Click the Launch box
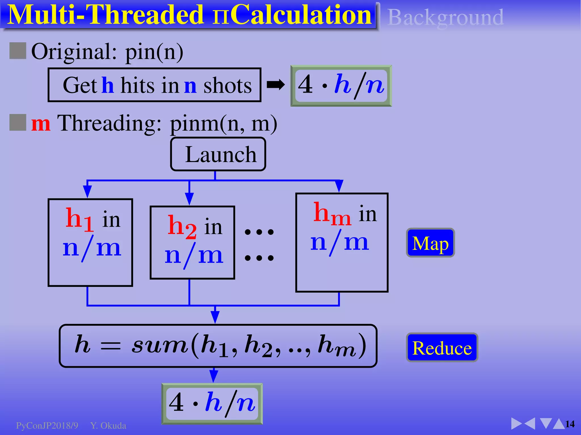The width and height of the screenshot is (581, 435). (218, 154)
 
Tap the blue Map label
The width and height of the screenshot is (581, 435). (430, 243)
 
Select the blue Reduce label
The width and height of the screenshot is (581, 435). (442, 347)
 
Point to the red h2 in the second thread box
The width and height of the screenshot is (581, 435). (182, 227)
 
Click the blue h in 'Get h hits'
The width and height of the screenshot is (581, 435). (108, 85)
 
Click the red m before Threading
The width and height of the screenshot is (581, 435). (41, 124)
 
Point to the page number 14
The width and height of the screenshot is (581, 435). (570, 424)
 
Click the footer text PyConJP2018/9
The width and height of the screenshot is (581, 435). (47, 425)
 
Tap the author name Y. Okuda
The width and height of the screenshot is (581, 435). (108, 425)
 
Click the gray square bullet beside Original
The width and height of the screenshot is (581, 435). (18, 51)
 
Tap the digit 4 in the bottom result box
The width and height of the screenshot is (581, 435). (176, 402)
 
